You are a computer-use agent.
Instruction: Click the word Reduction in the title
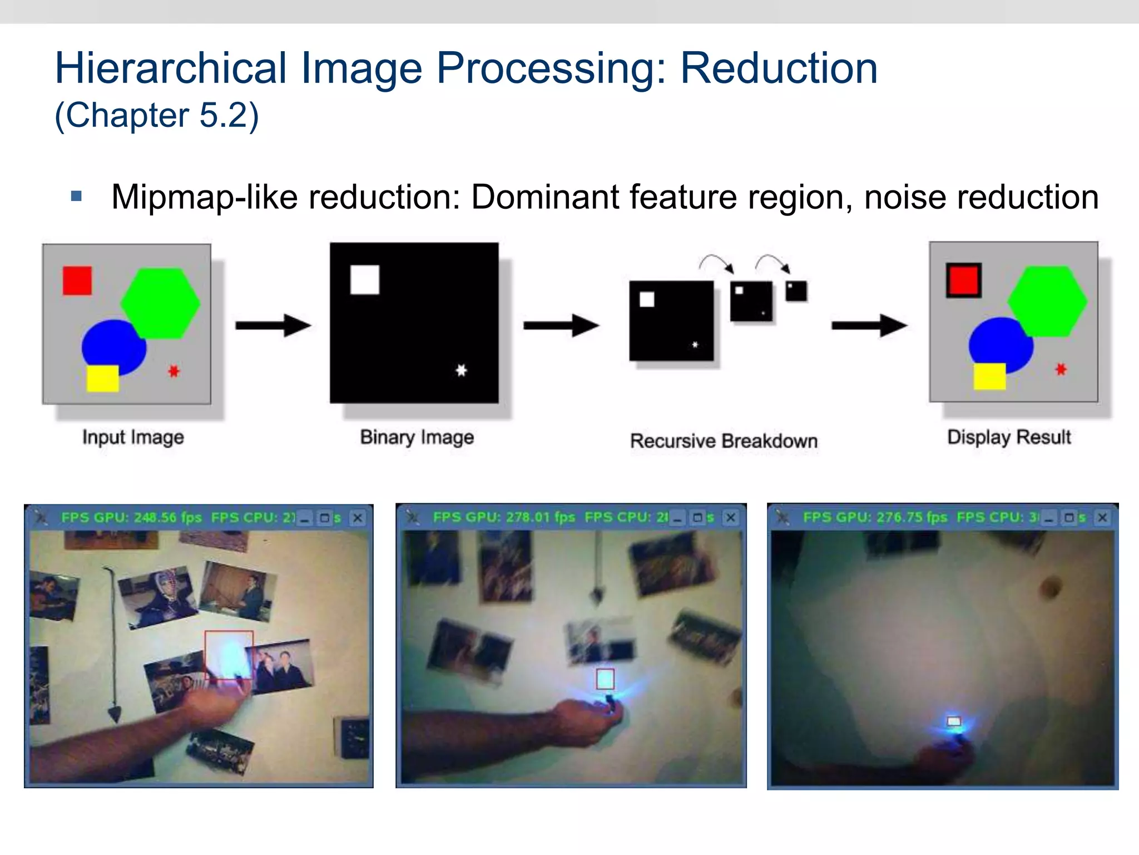(779, 68)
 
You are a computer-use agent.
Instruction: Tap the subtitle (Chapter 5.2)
(157, 115)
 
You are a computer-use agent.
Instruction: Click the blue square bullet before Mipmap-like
(77, 196)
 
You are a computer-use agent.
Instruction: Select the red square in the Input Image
(77, 281)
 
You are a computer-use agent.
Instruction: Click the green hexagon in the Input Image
(161, 303)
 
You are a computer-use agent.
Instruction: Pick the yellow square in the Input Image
(103, 379)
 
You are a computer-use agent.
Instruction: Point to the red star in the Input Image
(174, 371)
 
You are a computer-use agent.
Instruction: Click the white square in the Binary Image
(365, 279)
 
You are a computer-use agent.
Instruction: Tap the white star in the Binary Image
(461, 370)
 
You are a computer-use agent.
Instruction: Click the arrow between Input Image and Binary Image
(273, 326)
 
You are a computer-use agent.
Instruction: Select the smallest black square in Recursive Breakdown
(796, 291)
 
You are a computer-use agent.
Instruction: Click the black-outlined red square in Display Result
(964, 280)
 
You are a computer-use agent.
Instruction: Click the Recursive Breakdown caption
(724, 441)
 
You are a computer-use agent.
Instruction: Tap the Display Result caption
(1009, 438)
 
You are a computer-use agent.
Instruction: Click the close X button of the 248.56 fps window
(358, 518)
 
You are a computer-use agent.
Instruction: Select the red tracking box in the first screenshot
(229, 655)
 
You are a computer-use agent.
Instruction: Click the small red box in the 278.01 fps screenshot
(605, 679)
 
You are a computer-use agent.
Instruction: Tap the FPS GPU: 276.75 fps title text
(875, 518)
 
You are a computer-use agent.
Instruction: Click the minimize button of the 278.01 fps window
(677, 518)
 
